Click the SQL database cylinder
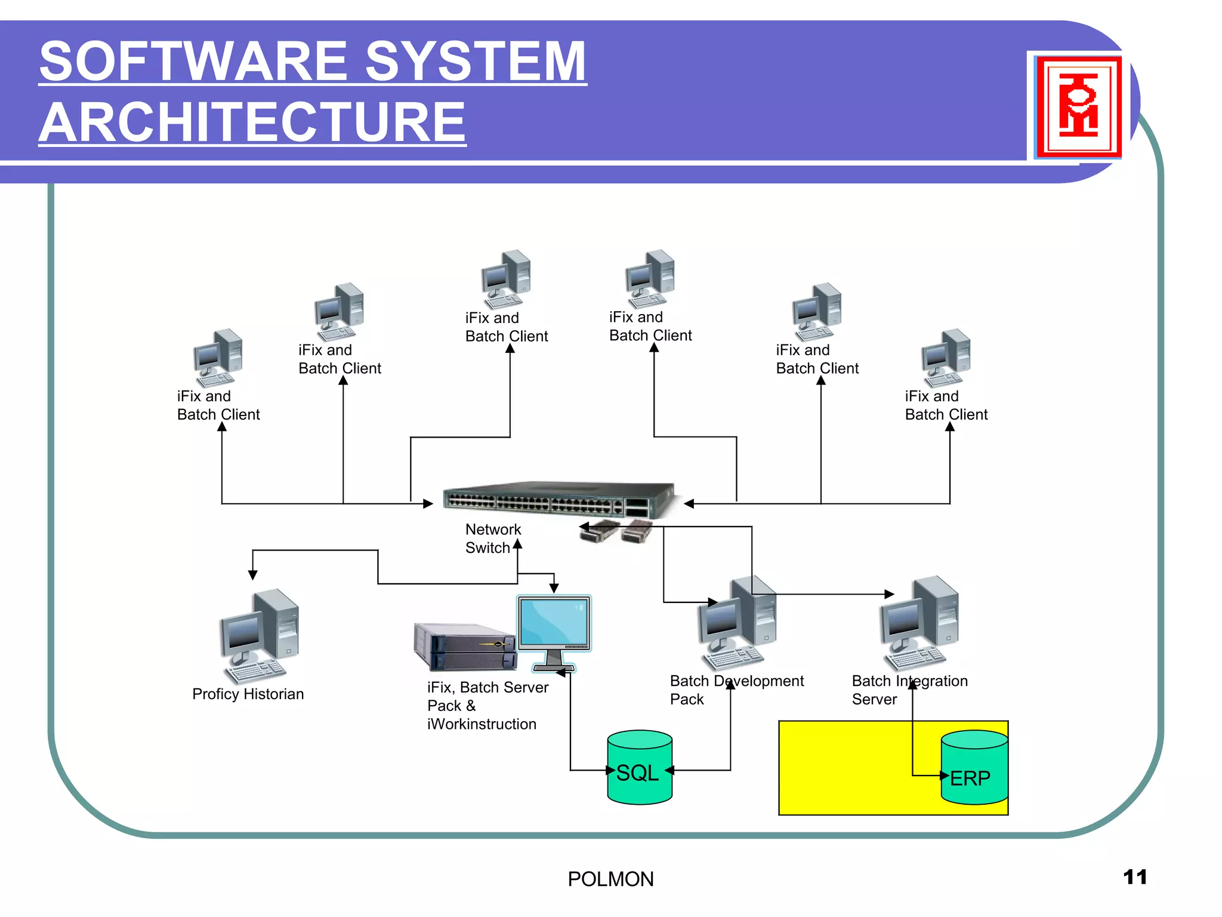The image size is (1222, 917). click(640, 768)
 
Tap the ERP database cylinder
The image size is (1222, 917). click(974, 769)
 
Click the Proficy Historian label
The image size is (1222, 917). click(248, 694)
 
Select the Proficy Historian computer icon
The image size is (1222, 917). click(260, 636)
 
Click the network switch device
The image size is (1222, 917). click(560, 498)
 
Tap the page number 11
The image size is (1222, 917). click(1134, 877)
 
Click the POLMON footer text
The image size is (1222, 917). click(610, 879)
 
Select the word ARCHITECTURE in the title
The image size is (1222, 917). click(252, 122)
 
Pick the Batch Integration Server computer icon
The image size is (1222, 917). click(920, 623)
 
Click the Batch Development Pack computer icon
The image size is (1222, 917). click(738, 623)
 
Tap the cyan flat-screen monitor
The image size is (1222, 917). click(554, 627)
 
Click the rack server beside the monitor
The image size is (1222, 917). click(465, 647)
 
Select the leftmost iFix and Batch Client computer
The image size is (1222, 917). click(218, 358)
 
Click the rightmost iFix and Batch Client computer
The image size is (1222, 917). click(946, 358)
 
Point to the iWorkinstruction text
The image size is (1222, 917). click(482, 724)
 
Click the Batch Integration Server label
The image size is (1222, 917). click(909, 690)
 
